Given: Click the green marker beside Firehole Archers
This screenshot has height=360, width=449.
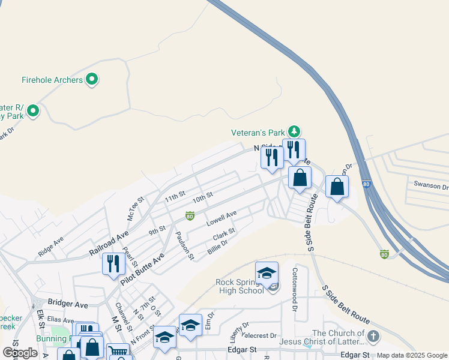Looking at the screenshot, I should pyautogui.click(x=92, y=79).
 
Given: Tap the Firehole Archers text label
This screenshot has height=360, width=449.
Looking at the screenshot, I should pyautogui.click(x=52, y=80).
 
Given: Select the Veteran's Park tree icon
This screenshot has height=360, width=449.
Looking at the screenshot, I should pyautogui.click(x=294, y=131).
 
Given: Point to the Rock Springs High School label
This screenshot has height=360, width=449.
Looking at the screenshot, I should pyautogui.click(x=240, y=286).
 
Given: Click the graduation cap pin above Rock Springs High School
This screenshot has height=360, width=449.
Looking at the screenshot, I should pyautogui.click(x=267, y=273).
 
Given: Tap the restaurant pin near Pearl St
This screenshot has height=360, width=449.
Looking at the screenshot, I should pyautogui.click(x=113, y=263).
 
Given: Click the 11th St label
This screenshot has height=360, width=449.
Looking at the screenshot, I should pyautogui.click(x=175, y=197).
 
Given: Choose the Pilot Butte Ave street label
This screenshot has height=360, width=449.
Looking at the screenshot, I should pyautogui.click(x=143, y=269).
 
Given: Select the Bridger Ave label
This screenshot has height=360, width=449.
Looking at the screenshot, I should pyautogui.click(x=68, y=304).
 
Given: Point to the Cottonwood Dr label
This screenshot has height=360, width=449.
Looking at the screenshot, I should pyautogui.click(x=295, y=298).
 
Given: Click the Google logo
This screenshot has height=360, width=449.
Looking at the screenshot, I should pyautogui.click(x=20, y=353).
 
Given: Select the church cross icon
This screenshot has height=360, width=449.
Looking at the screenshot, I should pyautogui.click(x=373, y=337).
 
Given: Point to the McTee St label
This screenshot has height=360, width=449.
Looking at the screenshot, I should pyautogui.click(x=136, y=208).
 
